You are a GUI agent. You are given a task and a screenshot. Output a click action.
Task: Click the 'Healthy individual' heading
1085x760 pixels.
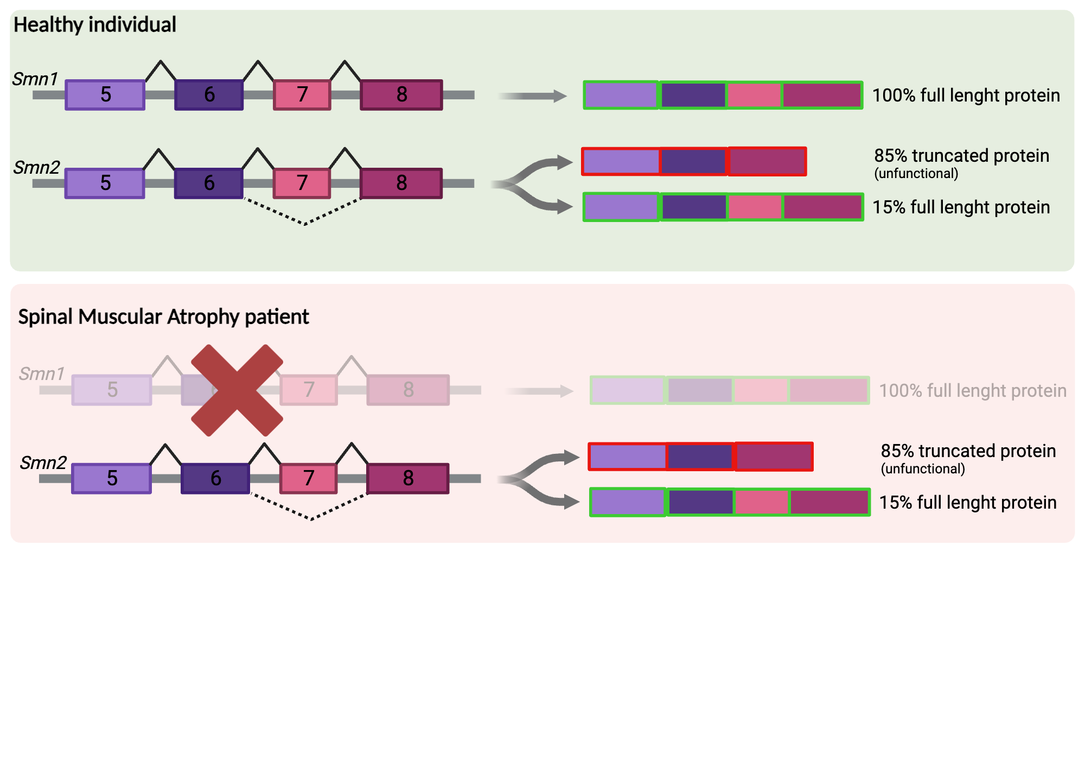click(95, 25)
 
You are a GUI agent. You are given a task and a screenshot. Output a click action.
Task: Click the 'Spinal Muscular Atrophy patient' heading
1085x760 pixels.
click(163, 316)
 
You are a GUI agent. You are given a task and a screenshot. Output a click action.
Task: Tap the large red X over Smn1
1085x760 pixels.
click(237, 390)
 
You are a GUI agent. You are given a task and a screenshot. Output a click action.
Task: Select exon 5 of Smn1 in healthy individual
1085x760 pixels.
click(105, 95)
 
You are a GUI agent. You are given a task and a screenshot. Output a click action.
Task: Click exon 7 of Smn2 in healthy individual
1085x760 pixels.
click(302, 183)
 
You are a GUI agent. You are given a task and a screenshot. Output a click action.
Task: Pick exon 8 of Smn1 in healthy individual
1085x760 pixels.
click(401, 95)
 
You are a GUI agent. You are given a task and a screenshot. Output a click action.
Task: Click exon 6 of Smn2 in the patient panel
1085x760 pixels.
click(215, 478)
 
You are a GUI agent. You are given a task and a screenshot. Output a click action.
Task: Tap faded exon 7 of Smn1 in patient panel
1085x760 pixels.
click(309, 390)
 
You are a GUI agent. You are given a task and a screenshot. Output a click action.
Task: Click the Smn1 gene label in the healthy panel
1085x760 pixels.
click(35, 79)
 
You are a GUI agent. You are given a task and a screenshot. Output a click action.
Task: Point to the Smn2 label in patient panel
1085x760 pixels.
click(43, 463)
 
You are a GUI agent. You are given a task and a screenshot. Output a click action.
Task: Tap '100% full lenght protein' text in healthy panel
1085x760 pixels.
click(966, 96)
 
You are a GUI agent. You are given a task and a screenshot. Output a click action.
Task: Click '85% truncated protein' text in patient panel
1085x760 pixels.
click(968, 451)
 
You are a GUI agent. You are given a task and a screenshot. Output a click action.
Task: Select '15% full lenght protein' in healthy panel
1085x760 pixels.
click(961, 207)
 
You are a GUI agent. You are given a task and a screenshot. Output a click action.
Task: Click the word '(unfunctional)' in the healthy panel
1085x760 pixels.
click(916, 174)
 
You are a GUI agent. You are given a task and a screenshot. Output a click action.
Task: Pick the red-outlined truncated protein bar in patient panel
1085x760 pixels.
click(700, 457)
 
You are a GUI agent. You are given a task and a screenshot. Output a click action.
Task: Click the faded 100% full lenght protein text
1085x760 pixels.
click(972, 391)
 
